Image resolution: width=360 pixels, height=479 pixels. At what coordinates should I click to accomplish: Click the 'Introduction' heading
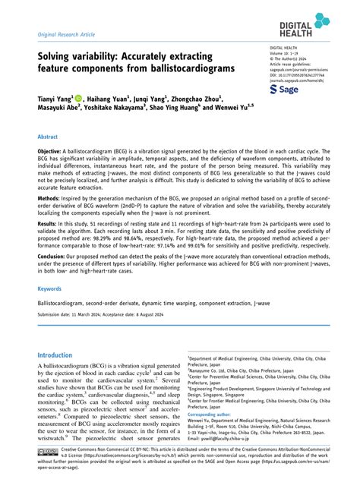61,355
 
